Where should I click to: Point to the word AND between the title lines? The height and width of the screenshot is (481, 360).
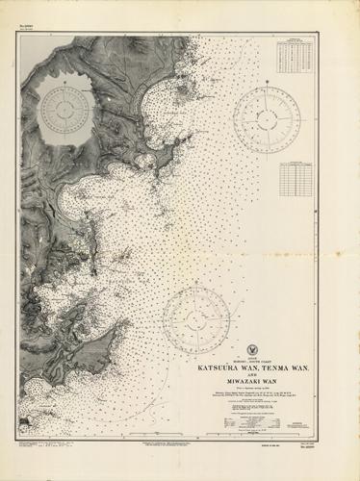255,374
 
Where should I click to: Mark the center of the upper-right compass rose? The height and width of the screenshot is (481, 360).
266,120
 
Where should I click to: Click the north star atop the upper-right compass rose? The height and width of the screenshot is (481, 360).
266,85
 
